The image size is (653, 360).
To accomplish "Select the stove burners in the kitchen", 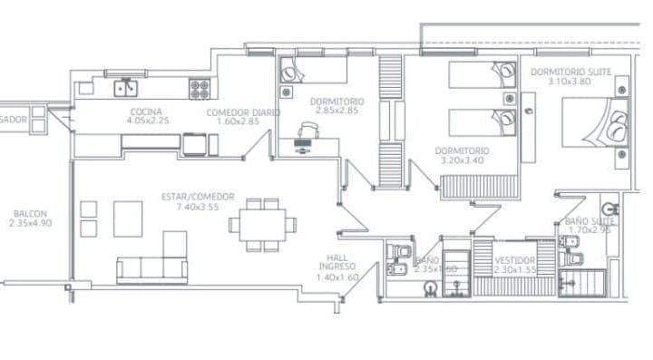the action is [200, 88].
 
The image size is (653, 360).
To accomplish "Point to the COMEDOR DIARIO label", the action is [243, 112].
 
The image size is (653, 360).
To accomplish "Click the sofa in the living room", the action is [152, 267].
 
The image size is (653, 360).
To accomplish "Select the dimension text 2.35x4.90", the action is [24, 222].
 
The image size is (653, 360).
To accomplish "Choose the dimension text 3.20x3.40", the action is [462, 160].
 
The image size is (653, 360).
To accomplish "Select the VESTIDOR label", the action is [516, 260].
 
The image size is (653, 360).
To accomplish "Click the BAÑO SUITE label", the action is [590, 220].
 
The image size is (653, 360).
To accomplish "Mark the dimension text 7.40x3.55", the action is [198, 207].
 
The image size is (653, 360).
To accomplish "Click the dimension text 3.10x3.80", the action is [570, 81].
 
